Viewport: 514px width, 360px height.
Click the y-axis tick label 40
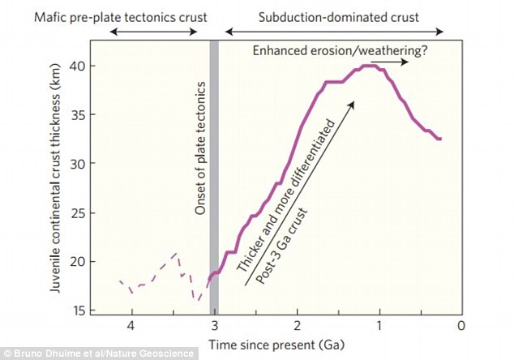[x=77, y=66]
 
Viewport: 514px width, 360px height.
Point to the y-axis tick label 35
[x=77, y=114]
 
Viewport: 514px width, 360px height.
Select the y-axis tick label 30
[x=77, y=163]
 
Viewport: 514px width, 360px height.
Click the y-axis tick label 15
[x=77, y=310]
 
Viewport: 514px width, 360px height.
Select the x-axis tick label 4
[x=131, y=326]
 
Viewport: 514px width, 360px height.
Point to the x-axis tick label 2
[x=296, y=326]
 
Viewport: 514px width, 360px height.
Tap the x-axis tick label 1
[x=379, y=326]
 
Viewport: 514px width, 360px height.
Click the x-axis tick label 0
[x=460, y=326]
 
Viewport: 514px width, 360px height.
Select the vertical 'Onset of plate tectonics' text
[x=201, y=158]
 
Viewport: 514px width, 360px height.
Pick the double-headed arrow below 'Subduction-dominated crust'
[x=334, y=32]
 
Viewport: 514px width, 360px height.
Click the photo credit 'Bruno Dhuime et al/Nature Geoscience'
[x=97, y=354]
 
